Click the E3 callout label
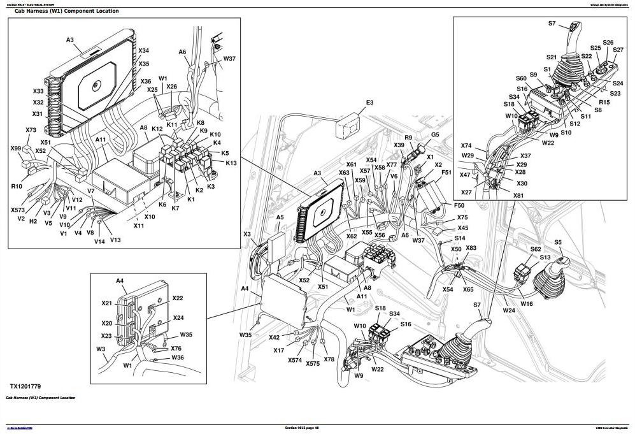(x=369, y=103)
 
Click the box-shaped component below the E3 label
(x=348, y=127)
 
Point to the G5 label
(x=435, y=134)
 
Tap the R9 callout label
(x=408, y=138)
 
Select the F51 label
(x=446, y=172)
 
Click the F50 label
(x=459, y=206)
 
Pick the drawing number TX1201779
(x=25, y=386)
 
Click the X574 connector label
(x=294, y=361)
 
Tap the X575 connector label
(x=312, y=364)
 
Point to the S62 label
(x=536, y=249)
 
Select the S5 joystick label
(x=558, y=242)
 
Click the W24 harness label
(x=508, y=310)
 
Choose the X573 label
(x=18, y=210)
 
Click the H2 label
(x=33, y=221)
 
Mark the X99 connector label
(x=16, y=148)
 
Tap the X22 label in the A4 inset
(x=178, y=298)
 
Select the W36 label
(x=178, y=358)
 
